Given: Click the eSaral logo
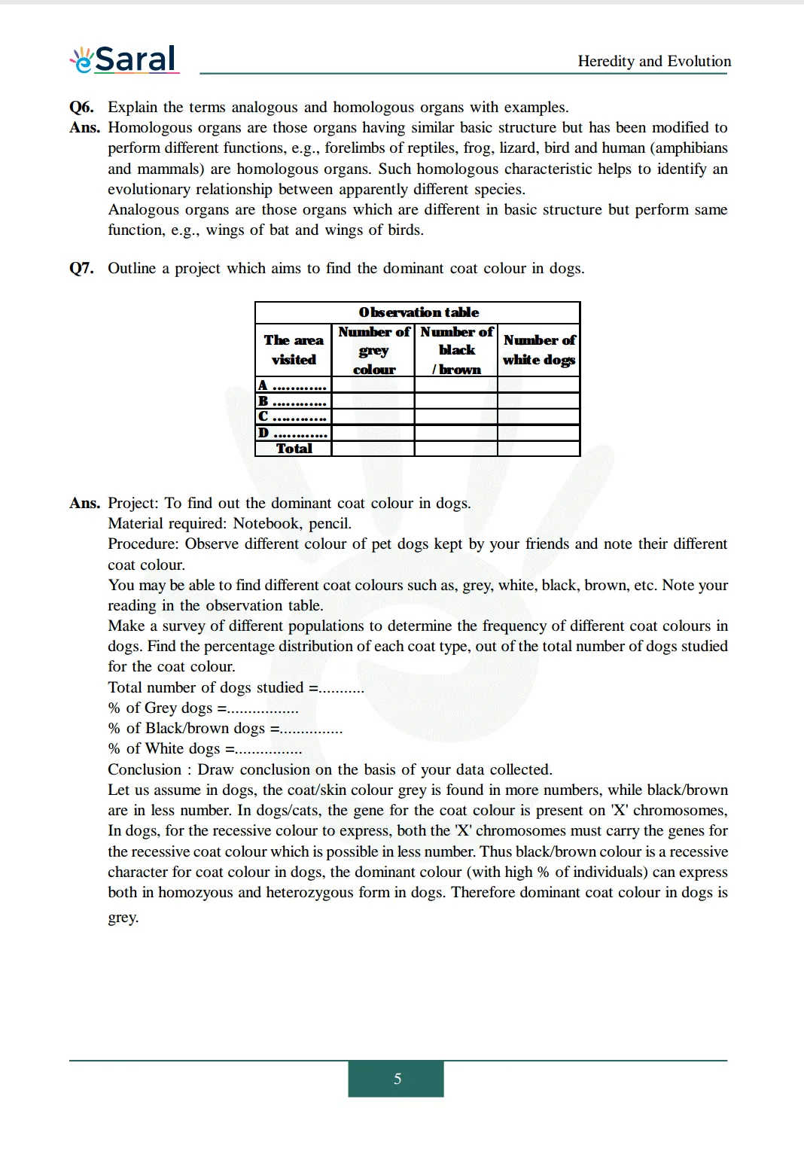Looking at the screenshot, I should click(x=124, y=59).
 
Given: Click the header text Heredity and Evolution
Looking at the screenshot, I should click(x=653, y=61).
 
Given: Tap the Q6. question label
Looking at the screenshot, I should click(x=81, y=107).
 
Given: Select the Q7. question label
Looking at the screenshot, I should click(x=81, y=268).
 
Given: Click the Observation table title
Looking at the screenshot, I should click(x=418, y=312).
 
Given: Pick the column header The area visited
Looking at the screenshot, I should click(x=294, y=350).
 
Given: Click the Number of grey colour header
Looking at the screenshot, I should click(x=373, y=350).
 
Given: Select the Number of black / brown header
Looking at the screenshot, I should click(x=456, y=350).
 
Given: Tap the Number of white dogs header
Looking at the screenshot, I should click(x=539, y=350).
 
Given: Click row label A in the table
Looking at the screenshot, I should click(x=263, y=385).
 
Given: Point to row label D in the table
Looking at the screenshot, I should click(x=263, y=433).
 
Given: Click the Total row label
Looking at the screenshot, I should click(x=294, y=449).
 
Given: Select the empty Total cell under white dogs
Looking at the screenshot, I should click(x=539, y=449).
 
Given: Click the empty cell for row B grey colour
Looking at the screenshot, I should click(x=373, y=401).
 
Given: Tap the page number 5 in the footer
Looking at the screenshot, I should click(x=397, y=1079).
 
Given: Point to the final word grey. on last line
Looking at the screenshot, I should click(x=123, y=917).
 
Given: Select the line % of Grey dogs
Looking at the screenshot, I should click(x=203, y=708).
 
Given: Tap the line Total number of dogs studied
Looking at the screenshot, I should click(x=235, y=687).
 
